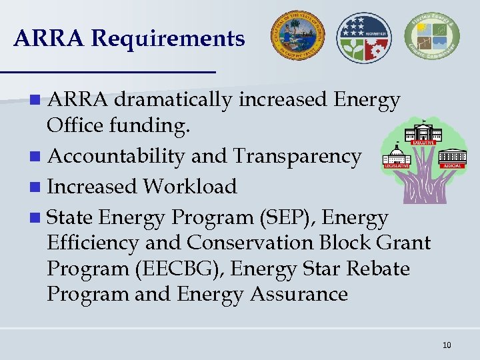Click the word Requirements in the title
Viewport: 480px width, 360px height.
(168, 39)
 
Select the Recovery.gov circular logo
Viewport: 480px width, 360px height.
(364, 37)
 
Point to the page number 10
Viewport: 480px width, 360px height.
(446, 345)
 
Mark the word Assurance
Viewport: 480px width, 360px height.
(299, 294)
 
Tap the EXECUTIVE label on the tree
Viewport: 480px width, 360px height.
(424, 142)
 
